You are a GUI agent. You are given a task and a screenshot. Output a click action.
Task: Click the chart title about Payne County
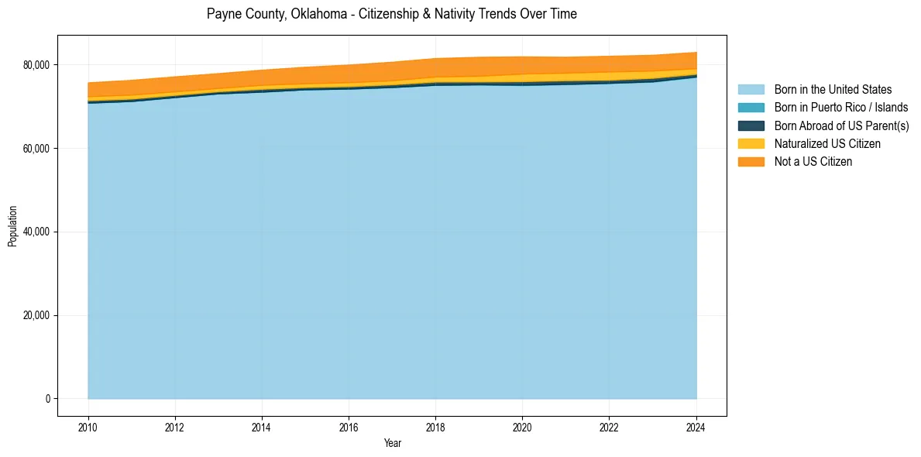click(391, 14)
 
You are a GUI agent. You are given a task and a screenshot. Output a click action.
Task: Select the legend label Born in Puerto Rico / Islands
click(841, 108)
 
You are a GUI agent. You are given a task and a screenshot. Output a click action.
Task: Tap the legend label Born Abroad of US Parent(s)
click(841, 125)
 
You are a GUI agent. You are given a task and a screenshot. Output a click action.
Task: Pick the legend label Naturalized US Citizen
click(827, 144)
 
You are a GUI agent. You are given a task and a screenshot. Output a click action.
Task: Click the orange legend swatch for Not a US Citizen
click(751, 162)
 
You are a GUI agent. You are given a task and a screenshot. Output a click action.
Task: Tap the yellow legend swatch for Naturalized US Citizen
click(751, 144)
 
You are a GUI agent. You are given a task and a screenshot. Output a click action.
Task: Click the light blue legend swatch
click(751, 90)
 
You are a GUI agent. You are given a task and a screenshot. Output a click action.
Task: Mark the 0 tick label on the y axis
click(46, 399)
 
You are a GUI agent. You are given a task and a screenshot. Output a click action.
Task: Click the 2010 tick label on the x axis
click(88, 426)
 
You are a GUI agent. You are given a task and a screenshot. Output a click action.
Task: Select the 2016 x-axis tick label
click(349, 426)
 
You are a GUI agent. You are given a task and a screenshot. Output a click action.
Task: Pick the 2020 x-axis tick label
click(522, 426)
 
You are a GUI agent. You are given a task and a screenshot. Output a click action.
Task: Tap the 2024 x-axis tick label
click(696, 426)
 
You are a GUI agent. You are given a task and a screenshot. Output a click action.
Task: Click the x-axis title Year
click(392, 443)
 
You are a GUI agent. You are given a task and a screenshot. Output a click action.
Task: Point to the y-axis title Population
click(12, 226)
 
